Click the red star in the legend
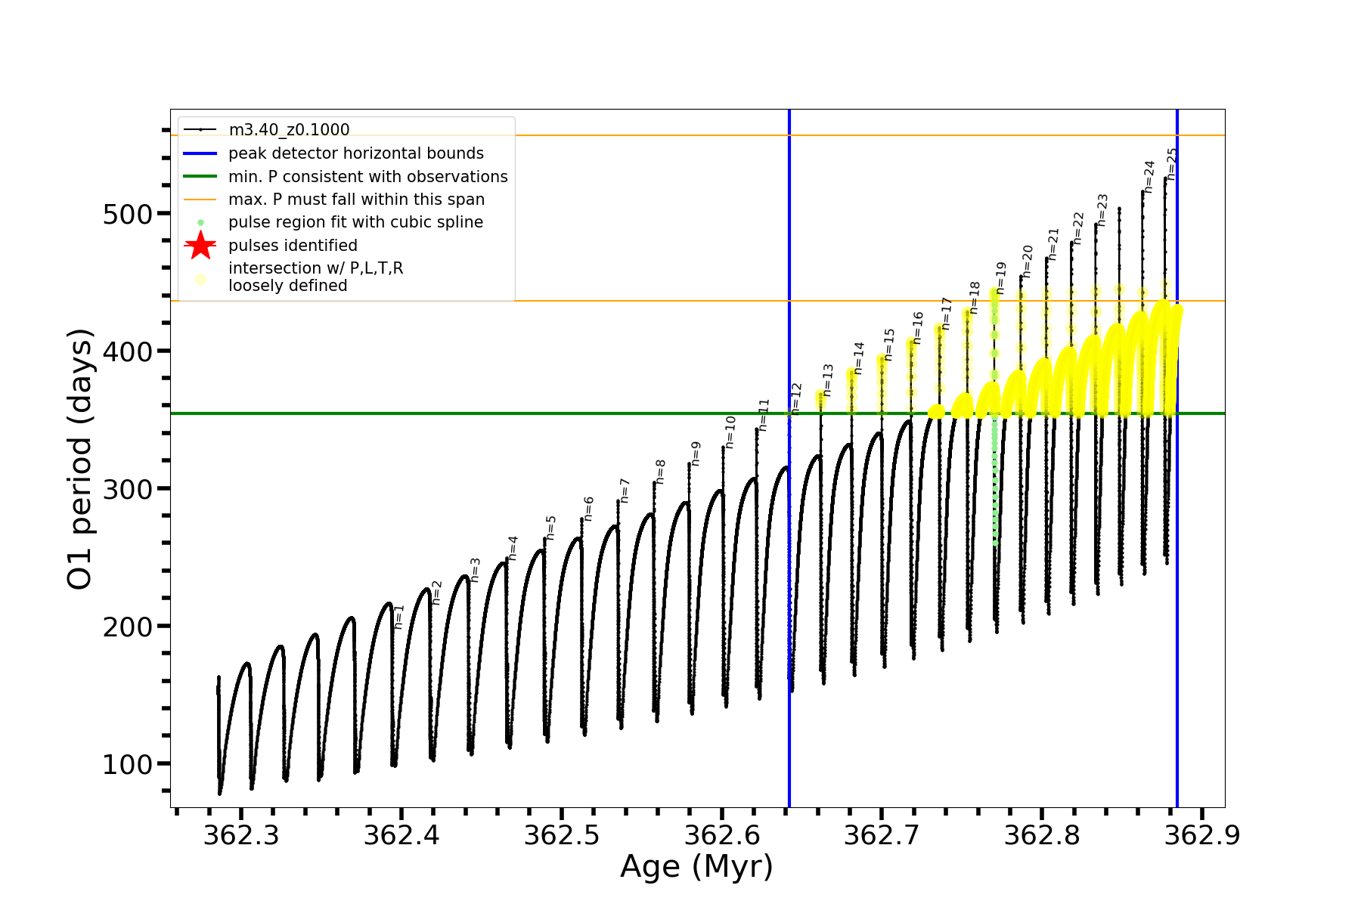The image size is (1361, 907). coord(200,245)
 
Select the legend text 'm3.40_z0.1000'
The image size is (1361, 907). coord(289,130)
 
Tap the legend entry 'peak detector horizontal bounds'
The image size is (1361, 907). coord(355,153)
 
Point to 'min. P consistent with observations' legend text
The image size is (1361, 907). coord(367,177)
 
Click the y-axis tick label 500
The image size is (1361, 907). coord(127,215)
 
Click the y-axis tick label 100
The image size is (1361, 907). coord(127,765)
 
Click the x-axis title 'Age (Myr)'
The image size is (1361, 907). coord(696,867)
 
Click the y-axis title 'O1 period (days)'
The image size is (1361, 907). coord(80,459)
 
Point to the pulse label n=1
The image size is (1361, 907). coord(400,617)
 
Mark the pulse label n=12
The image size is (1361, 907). coord(796,398)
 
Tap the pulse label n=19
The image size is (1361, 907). coord(1001,278)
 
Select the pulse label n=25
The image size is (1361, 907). coord(1172,163)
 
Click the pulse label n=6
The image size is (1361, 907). coord(588,509)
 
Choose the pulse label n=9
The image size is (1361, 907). coord(696,453)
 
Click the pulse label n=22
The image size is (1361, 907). coord(1078,228)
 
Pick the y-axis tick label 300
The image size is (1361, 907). coord(127,490)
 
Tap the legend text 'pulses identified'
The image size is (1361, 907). coord(293,246)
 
